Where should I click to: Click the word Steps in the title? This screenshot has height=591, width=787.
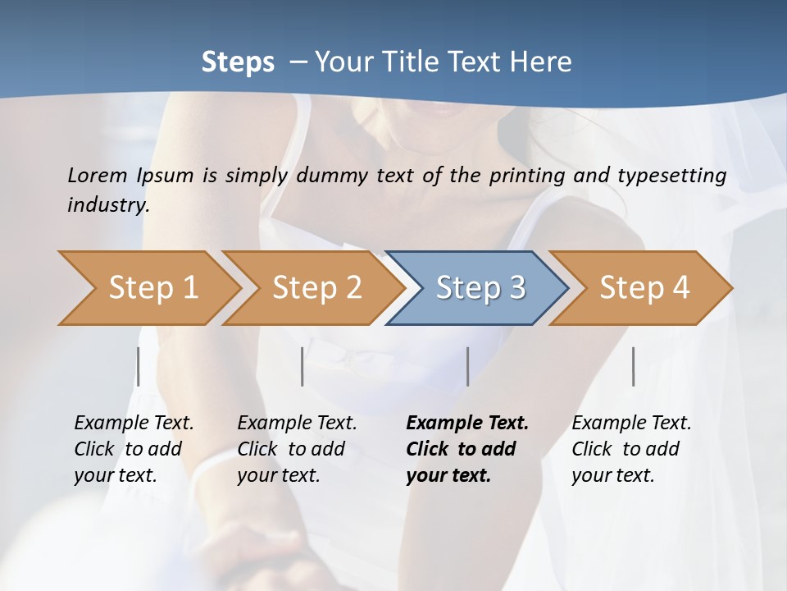(x=238, y=62)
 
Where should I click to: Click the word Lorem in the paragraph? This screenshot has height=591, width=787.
(x=97, y=175)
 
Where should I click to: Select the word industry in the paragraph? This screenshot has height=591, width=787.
(x=107, y=205)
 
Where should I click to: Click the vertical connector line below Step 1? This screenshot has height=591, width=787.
(x=138, y=366)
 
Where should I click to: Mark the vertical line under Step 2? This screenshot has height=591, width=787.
(x=303, y=366)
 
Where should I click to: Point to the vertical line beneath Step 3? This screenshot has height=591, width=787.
(x=467, y=366)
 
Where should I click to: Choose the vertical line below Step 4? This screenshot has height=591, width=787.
(x=633, y=366)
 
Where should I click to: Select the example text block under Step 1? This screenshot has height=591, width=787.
(x=134, y=448)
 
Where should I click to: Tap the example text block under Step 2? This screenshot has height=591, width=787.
(x=297, y=448)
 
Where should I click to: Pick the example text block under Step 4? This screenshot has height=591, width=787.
(x=631, y=448)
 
